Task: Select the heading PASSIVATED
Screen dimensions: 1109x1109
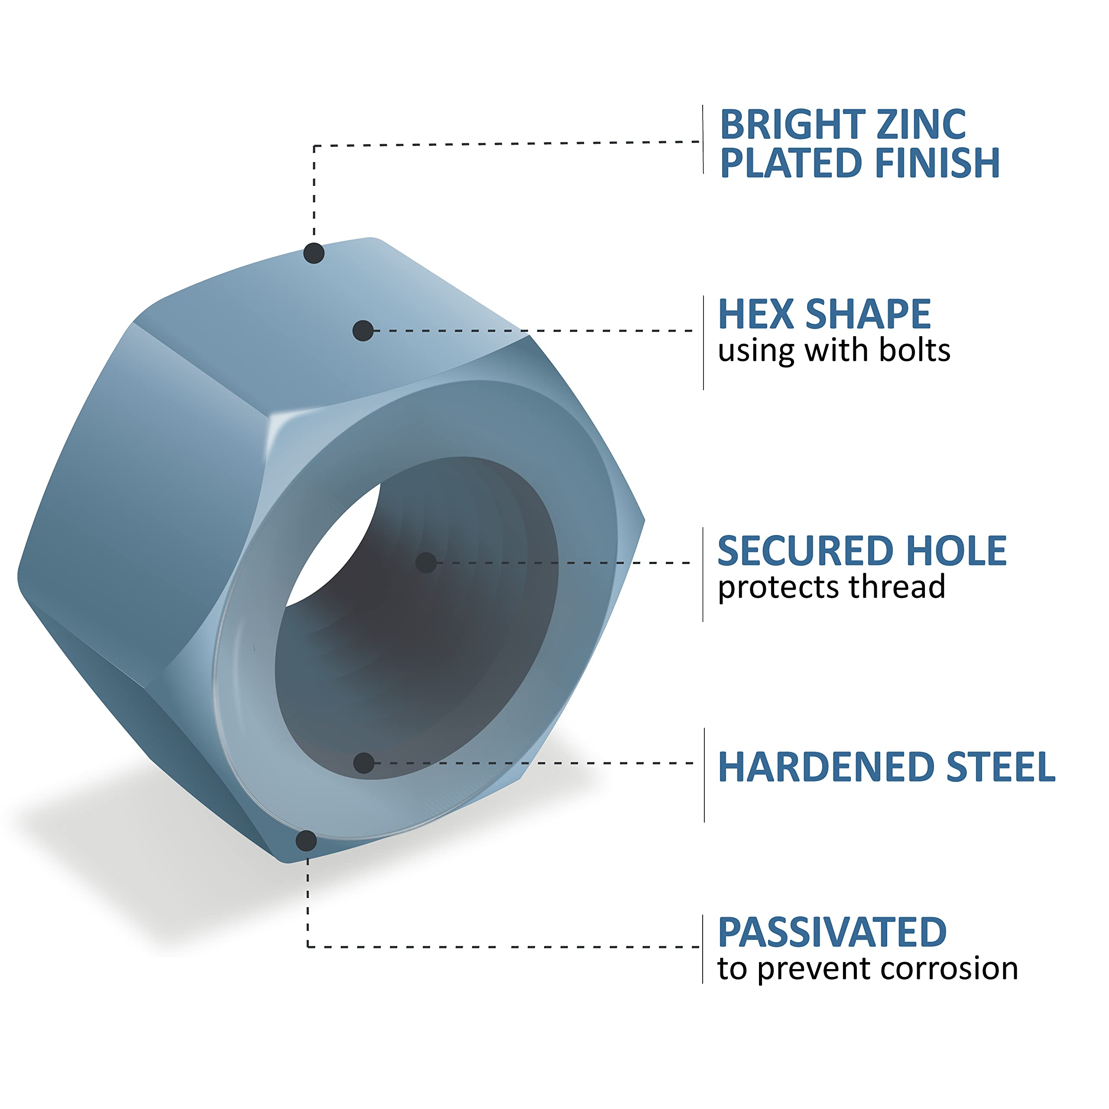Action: pos(832,933)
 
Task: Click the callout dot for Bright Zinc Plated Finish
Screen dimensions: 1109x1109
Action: pos(314,253)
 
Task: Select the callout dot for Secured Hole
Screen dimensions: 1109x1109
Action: pos(426,563)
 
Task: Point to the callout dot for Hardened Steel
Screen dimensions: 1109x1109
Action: pos(364,763)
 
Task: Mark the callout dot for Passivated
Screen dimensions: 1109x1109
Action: pos(306,841)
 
